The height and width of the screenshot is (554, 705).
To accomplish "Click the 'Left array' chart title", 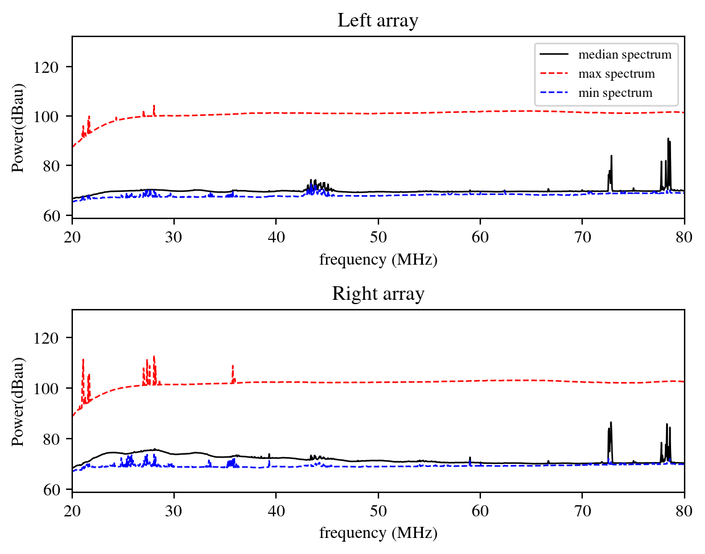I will coord(378,21).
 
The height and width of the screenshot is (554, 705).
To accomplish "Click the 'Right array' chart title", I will coord(378,294).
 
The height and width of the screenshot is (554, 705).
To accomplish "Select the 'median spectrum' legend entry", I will coord(624,55).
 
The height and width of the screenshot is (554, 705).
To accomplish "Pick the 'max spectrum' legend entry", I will coord(616,75).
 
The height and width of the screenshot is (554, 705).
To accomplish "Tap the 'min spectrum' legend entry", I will coord(615,94).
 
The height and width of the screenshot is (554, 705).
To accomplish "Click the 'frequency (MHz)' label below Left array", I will coord(378,260).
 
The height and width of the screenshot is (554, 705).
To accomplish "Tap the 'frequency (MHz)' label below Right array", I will coord(378,533).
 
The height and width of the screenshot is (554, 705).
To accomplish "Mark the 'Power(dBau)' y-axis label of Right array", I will coord(19,401).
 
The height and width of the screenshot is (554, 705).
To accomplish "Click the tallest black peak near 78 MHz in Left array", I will coord(668,139).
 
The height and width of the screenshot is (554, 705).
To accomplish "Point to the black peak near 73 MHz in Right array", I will coord(611,424).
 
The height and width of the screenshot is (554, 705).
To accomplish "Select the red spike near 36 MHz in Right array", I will coord(233,366).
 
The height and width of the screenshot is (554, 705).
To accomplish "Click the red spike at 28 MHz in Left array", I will coord(154,107).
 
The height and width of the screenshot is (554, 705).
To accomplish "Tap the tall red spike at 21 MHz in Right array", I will coord(83,360).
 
